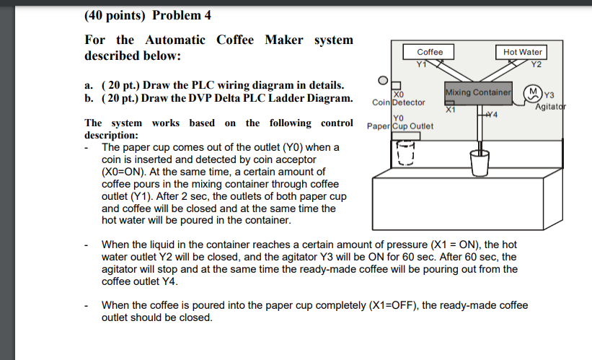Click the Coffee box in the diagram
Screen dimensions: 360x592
[430, 52]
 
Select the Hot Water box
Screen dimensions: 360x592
[523, 52]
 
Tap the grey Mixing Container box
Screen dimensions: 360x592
[479, 93]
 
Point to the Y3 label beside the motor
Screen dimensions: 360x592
[549, 95]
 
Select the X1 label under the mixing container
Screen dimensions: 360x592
[451, 110]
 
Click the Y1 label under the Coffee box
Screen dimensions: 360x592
[422, 63]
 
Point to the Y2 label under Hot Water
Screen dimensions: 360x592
[535, 63]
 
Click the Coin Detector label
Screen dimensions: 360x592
[399, 102]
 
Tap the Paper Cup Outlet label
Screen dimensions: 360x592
[399, 126]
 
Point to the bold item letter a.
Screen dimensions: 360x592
[88, 85]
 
